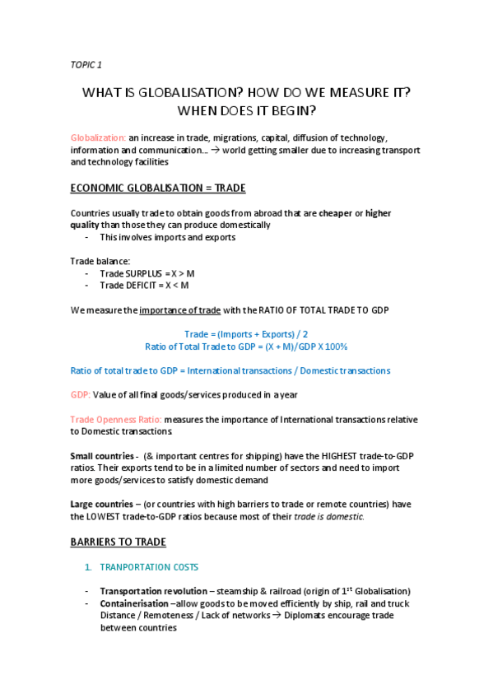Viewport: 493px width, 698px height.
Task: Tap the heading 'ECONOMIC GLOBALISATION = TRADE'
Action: (158, 188)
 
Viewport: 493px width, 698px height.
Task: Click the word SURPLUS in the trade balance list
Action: (143, 273)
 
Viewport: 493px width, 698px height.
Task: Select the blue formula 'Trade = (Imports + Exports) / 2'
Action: (246, 334)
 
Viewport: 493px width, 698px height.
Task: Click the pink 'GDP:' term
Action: (81, 394)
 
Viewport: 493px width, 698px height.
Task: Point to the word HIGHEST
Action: (305, 455)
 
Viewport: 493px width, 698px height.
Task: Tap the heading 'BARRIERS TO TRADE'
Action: (118, 542)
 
